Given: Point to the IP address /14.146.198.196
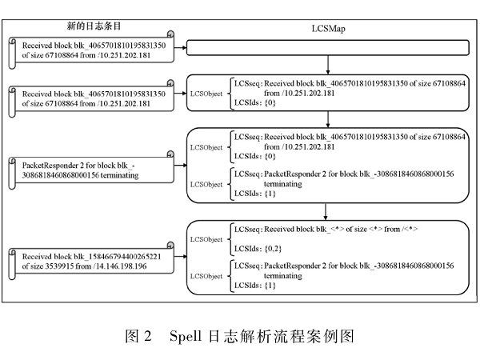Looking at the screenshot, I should coord(118,266).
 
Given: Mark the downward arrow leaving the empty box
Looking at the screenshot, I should coord(328,66).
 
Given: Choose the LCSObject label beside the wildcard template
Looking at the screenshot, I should coord(206,239).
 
